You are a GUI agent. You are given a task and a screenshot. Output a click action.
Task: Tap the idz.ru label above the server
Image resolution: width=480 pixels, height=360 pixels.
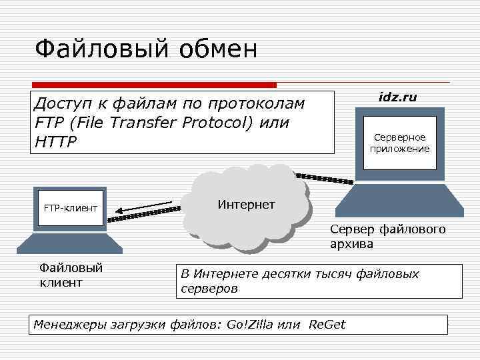pos(397,97)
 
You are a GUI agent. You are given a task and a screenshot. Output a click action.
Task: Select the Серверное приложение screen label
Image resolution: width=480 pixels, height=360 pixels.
pos(400,143)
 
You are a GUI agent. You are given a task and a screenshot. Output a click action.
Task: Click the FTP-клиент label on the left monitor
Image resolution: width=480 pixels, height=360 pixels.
pos(71,209)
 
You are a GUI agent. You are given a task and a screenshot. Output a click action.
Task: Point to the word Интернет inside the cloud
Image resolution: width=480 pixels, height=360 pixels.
pos(246,205)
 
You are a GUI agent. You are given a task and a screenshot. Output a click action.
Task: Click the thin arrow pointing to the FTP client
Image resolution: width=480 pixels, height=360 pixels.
pos(147,207)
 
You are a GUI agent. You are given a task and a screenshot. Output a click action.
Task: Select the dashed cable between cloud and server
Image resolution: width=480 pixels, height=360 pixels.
pos(325,178)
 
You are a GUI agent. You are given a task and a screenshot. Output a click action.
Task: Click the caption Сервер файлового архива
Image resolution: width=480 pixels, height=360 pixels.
pos(387,237)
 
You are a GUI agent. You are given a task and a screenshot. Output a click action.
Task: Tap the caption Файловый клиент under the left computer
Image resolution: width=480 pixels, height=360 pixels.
pos(70,275)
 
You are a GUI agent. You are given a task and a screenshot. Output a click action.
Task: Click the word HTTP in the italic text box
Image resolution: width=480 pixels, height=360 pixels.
pos(55,141)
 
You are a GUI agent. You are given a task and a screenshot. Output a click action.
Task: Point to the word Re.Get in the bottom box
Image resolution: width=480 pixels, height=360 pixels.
pos(327,325)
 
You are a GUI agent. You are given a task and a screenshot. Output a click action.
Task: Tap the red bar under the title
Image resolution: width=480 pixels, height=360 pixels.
pos(154,85)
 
